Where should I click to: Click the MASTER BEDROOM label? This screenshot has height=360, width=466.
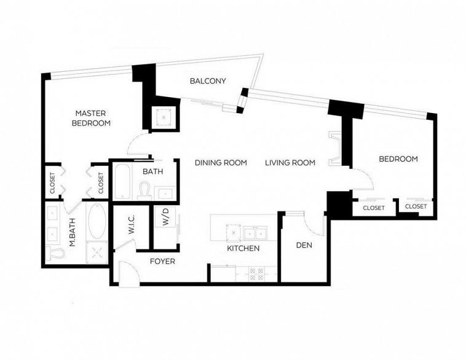point(92,118)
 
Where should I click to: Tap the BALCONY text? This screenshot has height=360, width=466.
point(208,81)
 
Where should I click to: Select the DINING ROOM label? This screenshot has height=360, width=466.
point(221,163)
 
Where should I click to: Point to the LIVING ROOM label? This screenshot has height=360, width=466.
point(290,163)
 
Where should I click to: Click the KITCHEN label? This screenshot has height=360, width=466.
point(243,249)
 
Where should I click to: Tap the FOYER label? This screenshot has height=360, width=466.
point(163,262)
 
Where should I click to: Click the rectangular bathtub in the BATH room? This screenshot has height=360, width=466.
point(122,182)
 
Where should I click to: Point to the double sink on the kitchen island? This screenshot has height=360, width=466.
point(254,232)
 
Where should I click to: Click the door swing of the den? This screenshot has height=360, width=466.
point(314,224)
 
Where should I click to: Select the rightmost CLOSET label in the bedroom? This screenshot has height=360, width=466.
point(416,206)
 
